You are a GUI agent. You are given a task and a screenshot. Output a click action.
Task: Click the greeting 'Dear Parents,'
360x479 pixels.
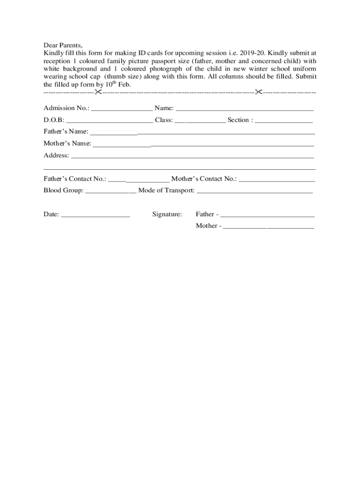63,45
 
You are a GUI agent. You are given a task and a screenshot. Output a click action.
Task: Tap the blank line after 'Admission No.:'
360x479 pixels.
122,109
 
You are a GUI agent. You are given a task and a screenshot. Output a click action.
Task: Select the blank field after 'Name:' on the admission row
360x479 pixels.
244,109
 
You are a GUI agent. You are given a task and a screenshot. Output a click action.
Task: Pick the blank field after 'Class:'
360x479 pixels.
200,121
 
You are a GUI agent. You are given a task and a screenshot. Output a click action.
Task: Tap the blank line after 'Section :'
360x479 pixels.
284,121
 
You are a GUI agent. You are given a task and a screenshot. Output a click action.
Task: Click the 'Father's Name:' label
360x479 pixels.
66,131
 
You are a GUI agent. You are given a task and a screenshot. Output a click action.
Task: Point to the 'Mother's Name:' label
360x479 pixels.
67,143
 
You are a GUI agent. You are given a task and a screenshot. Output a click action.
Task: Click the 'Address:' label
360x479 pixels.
56,155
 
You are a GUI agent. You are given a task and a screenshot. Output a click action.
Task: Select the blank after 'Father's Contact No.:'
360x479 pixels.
139,180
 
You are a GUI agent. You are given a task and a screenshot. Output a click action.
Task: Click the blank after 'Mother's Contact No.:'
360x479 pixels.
277,180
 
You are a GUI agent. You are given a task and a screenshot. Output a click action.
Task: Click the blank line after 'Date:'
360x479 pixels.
95,216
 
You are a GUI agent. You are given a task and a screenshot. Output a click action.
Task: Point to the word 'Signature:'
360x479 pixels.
167,214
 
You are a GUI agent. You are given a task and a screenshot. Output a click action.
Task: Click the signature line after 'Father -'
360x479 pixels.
267,216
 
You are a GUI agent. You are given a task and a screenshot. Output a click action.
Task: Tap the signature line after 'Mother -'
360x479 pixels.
268,227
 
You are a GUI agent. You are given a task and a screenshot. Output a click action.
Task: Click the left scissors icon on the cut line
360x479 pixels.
98,92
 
